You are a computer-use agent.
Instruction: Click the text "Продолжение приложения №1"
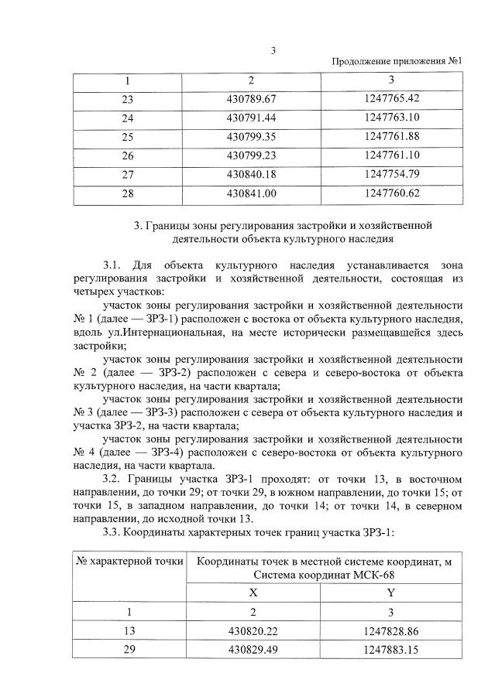click(x=397, y=62)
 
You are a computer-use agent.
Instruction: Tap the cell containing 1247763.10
click(x=390, y=118)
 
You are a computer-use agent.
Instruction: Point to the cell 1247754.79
click(x=390, y=174)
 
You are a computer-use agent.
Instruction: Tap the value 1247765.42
click(x=390, y=99)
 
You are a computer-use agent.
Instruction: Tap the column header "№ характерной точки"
click(x=129, y=561)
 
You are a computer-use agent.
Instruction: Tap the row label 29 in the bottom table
click(x=129, y=650)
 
